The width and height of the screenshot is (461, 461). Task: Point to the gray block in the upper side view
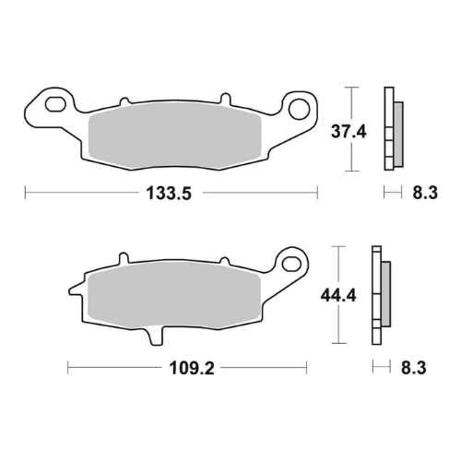[x=396, y=129]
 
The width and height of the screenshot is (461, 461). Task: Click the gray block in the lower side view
[x=384, y=294]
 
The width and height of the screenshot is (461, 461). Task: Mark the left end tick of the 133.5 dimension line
[x=25, y=194]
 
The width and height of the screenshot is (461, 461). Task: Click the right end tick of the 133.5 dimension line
[x=317, y=194]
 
